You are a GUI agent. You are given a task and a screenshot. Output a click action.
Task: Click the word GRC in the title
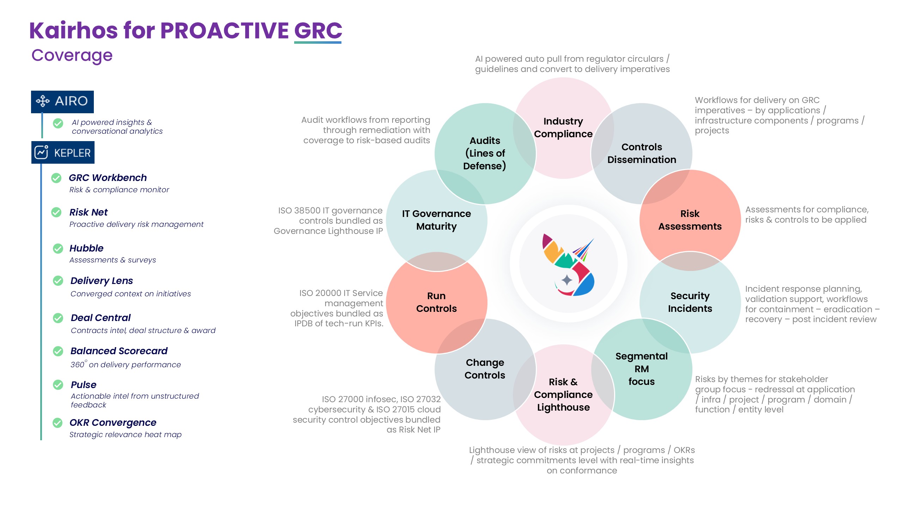click(x=318, y=30)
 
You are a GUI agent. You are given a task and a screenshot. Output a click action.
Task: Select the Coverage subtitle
click(x=72, y=55)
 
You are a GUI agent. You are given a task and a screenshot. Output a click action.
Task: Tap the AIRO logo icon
click(x=43, y=101)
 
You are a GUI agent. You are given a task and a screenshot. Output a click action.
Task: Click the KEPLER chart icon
click(x=41, y=152)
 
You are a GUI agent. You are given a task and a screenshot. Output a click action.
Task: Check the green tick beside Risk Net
click(x=56, y=212)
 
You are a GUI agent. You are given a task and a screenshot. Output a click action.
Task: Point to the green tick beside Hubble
click(x=58, y=248)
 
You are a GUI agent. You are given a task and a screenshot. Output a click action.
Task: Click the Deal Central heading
click(x=101, y=317)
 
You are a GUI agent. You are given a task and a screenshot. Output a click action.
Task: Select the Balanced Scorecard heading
click(x=119, y=351)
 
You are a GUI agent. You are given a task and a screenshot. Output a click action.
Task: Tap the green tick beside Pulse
click(x=58, y=385)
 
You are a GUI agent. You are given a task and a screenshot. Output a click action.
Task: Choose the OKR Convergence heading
click(x=113, y=422)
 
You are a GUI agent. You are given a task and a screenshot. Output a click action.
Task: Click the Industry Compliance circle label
click(x=563, y=127)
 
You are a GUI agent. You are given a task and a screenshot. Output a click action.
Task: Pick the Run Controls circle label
click(x=436, y=302)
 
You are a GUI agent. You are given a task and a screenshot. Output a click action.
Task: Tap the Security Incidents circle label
click(x=690, y=302)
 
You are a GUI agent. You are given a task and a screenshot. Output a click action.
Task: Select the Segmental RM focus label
click(x=642, y=369)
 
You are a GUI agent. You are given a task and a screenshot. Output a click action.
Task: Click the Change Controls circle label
click(x=485, y=369)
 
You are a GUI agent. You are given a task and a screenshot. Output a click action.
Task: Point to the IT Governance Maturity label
click(x=436, y=220)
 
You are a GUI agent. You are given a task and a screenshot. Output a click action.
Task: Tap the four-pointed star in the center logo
click(x=567, y=280)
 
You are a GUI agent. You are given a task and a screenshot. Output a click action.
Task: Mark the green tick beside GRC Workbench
click(x=56, y=178)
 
